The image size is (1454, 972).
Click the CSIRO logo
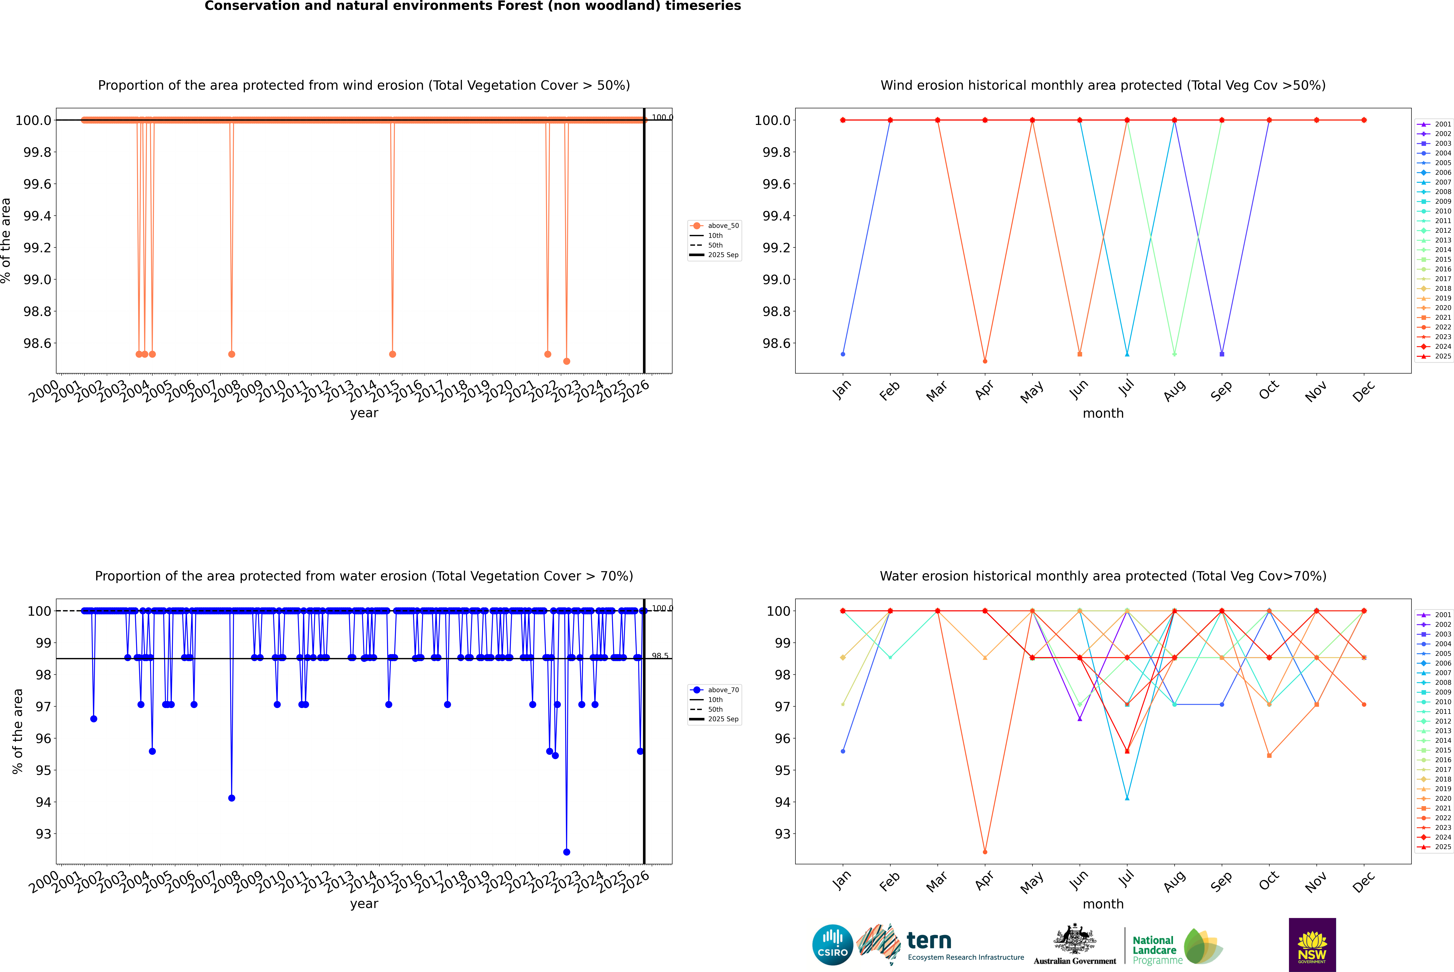[x=832, y=945]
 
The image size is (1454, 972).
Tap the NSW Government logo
[x=1312, y=945]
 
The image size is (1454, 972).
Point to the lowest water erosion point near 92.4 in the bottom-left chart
[x=566, y=852]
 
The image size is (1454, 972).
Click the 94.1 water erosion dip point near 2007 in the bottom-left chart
[x=232, y=798]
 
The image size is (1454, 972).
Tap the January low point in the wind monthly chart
[x=843, y=354]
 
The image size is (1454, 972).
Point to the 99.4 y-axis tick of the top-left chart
[x=37, y=216]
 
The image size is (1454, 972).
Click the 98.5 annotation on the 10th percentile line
[x=660, y=656]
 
